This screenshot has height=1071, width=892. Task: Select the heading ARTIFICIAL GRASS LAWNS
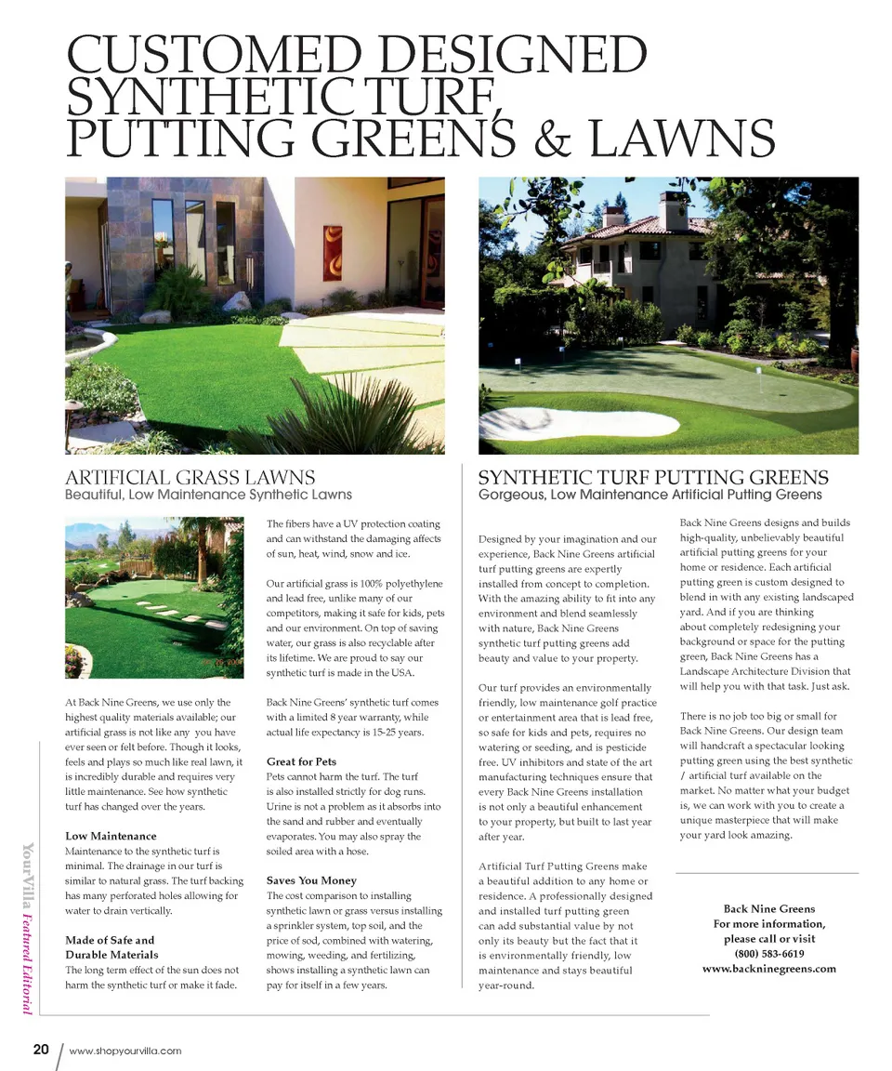click(190, 478)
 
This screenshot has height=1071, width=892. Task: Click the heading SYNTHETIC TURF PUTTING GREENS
click(652, 478)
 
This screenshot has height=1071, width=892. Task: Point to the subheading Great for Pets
click(301, 761)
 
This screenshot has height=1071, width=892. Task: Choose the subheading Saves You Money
click(311, 880)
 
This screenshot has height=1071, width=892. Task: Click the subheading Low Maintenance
click(111, 836)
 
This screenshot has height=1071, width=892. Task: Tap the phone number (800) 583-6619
click(768, 953)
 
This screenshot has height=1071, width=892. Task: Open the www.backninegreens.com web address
click(768, 968)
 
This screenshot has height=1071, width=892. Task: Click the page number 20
click(41, 1050)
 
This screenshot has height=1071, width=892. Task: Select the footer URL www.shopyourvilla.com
click(125, 1051)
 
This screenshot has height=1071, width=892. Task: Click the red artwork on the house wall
click(332, 252)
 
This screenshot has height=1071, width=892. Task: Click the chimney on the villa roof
click(674, 211)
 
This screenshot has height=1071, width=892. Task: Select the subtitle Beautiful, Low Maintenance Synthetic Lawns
click(208, 496)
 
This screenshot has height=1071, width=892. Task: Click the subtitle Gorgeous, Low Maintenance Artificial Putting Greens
click(649, 496)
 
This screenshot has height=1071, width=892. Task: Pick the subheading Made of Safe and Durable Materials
click(111, 947)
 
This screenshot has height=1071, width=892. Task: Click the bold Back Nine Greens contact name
click(768, 908)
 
